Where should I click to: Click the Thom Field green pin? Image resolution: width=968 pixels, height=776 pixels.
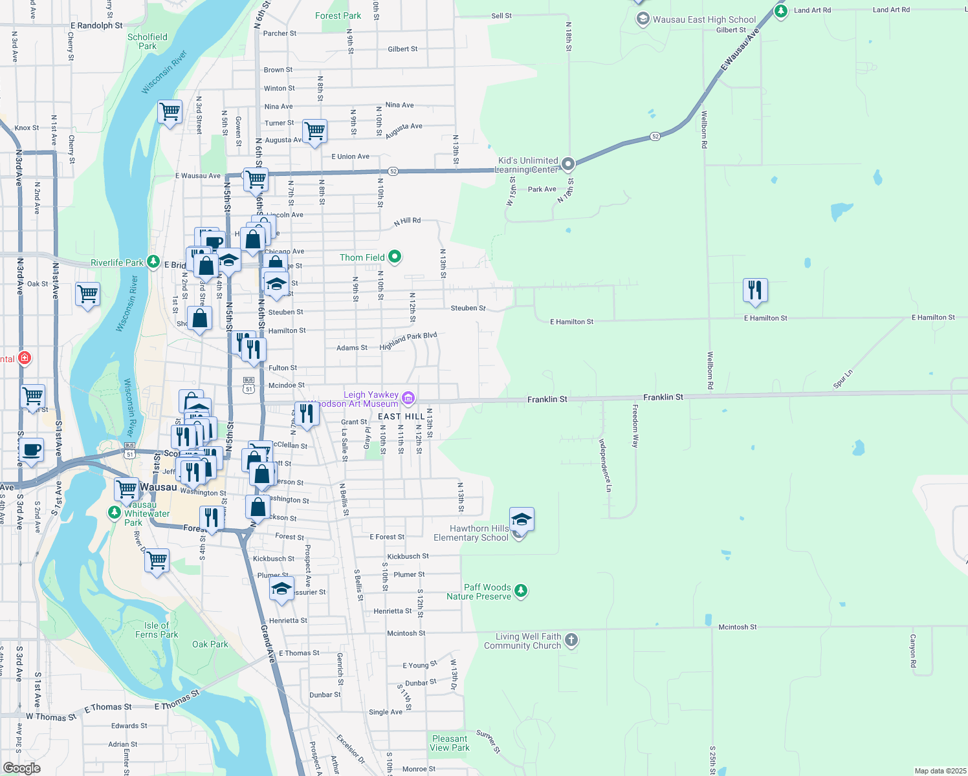[394, 257]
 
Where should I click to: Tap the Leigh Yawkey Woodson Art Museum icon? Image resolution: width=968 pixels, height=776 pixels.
[408, 398]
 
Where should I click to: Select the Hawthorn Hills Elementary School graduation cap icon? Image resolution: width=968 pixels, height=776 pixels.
[522, 519]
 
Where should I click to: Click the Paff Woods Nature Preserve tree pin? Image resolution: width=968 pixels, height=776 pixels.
[521, 590]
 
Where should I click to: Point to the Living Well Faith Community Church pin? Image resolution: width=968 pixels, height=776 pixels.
[571, 640]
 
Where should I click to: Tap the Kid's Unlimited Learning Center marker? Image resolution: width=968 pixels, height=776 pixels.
[568, 164]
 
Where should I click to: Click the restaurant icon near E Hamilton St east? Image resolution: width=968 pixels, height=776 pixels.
[755, 290]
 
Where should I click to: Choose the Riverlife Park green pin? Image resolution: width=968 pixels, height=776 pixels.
[153, 262]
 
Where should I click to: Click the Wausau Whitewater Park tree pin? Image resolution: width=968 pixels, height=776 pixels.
[115, 513]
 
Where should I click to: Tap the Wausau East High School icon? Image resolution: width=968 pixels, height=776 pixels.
[643, 19]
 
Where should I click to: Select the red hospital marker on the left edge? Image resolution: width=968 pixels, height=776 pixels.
[25, 358]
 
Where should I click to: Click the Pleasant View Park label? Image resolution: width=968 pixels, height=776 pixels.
[450, 743]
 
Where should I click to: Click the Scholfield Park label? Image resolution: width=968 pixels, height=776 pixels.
[148, 41]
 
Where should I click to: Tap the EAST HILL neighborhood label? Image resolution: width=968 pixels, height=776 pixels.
[401, 416]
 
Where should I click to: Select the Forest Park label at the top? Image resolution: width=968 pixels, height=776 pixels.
[338, 16]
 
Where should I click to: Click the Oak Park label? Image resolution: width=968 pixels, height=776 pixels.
[210, 644]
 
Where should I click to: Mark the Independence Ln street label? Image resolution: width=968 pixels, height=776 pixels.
[604, 466]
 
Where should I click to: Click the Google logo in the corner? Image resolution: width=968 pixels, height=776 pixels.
[22, 768]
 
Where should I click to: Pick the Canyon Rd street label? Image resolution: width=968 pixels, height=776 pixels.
[913, 651]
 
